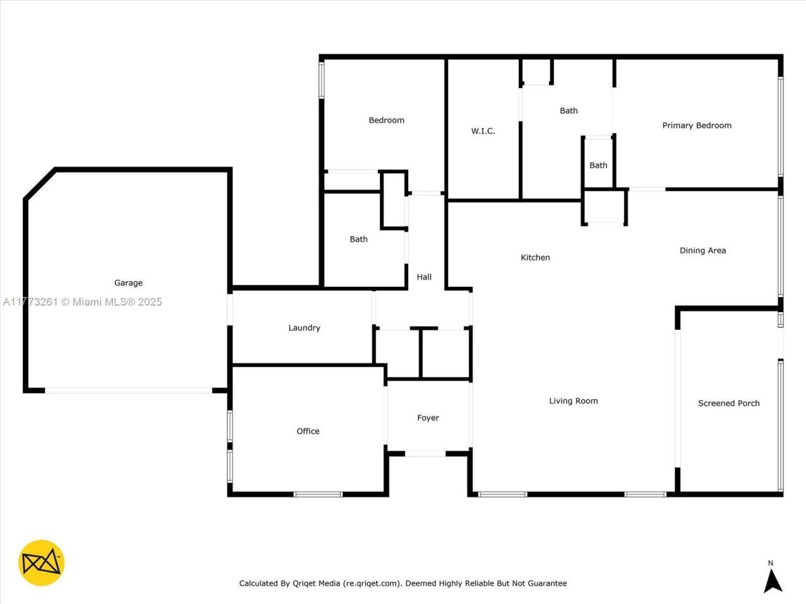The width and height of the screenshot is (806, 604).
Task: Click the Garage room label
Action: point(128,283)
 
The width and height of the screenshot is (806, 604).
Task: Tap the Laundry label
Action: point(304,328)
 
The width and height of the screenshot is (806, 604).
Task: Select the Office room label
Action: point(308,431)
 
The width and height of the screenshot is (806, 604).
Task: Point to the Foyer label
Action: point(428,418)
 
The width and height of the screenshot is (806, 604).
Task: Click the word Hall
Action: point(424,277)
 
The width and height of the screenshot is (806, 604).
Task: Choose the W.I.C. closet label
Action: point(483,131)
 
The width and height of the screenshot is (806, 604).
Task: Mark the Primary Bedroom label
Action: point(696,125)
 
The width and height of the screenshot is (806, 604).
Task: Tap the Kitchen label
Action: point(535,257)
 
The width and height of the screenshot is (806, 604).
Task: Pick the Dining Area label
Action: point(702,250)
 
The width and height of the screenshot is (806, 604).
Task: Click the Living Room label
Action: point(573,401)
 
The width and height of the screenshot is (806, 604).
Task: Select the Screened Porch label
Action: point(729,403)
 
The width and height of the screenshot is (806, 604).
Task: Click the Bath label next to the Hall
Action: point(358,239)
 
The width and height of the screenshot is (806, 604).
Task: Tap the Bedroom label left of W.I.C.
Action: point(386,120)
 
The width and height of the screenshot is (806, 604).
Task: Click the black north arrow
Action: point(773,581)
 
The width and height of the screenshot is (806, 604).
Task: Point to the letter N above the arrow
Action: point(770,563)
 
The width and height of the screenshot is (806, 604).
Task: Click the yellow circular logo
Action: point(42,562)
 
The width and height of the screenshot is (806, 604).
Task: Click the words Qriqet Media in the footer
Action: point(316,583)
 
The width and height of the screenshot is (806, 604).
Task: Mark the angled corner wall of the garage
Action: point(40,184)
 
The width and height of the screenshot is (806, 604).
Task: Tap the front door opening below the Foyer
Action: point(425,453)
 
